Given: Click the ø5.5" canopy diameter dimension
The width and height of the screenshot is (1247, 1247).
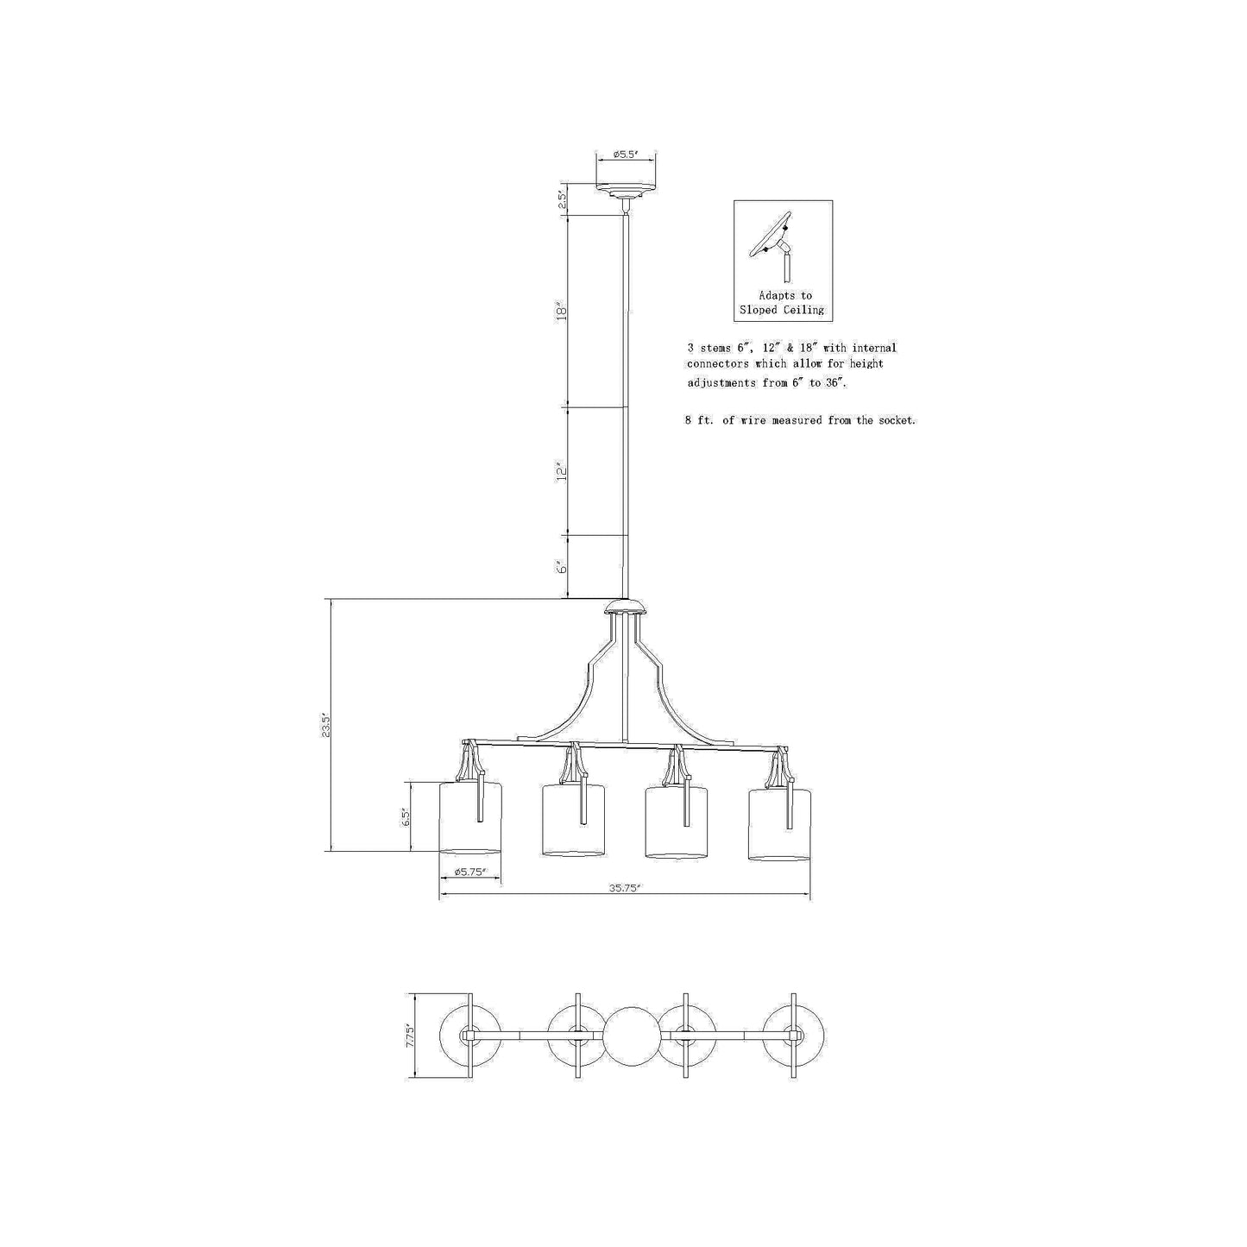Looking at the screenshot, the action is [x=626, y=154].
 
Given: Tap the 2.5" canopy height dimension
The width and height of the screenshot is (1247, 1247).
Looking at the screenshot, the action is [x=562, y=198].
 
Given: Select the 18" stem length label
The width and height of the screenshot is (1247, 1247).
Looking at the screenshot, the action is [x=562, y=312].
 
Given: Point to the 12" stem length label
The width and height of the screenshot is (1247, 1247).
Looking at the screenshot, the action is [x=562, y=472].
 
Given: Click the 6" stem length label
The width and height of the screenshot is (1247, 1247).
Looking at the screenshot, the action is [x=562, y=566].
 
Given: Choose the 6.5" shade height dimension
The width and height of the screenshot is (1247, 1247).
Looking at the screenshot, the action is [x=406, y=817].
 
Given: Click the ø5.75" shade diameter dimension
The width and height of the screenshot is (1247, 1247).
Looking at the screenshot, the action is [x=469, y=872].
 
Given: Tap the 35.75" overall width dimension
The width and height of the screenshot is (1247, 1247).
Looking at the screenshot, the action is [x=624, y=888].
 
